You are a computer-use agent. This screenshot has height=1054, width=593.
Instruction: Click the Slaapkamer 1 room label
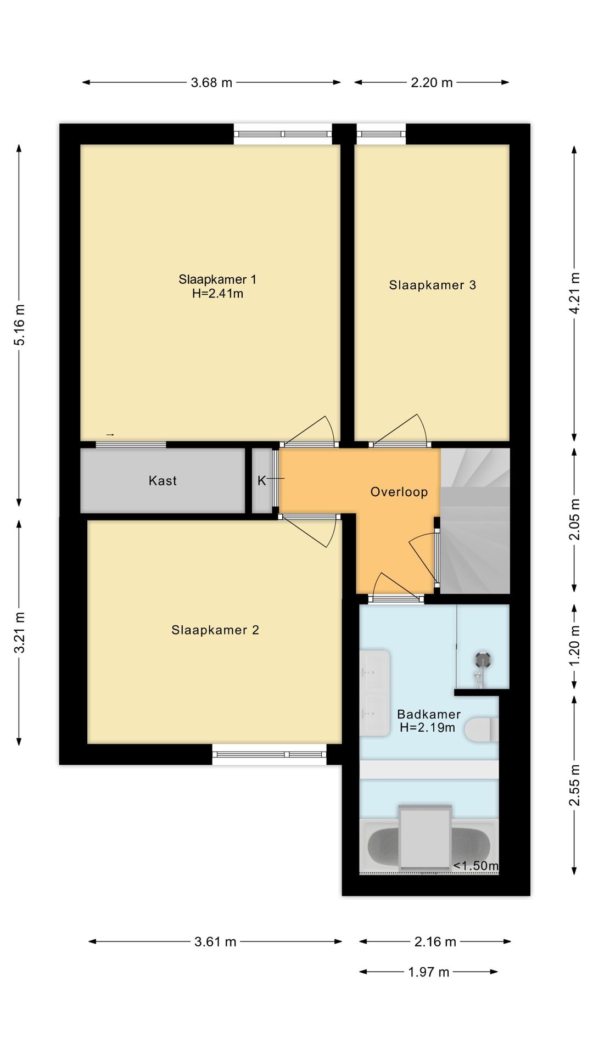click(217, 279)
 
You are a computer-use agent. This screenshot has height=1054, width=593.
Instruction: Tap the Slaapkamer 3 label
click(433, 285)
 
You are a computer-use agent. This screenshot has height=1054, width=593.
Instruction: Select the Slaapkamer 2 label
click(215, 630)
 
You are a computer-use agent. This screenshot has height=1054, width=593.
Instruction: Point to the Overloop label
click(399, 492)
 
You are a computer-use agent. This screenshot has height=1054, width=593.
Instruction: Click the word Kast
click(163, 481)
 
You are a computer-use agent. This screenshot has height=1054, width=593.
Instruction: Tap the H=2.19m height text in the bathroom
click(428, 728)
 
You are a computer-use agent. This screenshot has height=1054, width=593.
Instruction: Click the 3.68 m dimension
click(211, 82)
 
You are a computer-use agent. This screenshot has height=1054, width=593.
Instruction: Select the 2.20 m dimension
click(432, 82)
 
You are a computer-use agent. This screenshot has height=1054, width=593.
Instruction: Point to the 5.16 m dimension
click(20, 325)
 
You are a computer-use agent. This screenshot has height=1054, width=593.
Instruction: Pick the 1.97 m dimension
click(429, 972)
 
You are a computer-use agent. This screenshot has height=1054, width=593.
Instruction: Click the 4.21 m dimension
click(574, 294)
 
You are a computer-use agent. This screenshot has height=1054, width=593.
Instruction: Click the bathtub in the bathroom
click(429, 846)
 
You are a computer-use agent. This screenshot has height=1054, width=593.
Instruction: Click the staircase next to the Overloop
click(475, 521)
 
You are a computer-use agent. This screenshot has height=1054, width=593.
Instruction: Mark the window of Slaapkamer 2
click(269, 754)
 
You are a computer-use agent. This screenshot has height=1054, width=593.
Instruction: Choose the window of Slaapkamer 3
click(381, 134)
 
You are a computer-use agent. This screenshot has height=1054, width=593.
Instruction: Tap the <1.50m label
click(476, 866)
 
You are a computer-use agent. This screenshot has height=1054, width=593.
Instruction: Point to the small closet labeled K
click(262, 481)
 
